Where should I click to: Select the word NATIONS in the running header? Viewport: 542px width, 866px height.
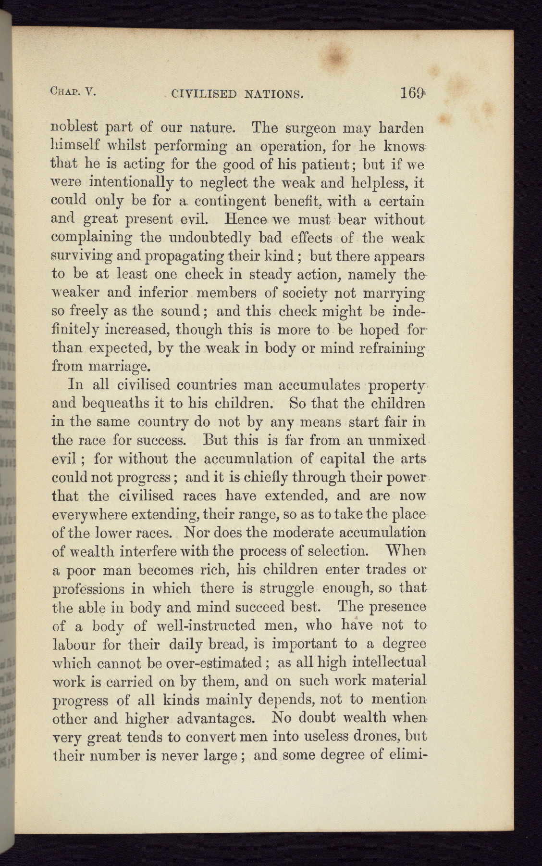pyautogui.click(x=271, y=93)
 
